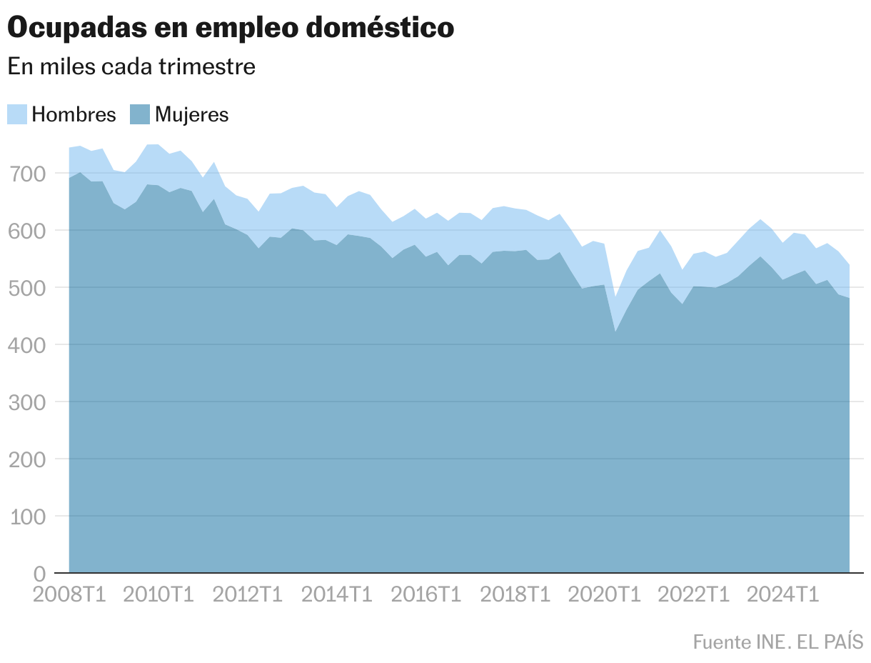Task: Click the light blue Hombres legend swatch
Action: [17, 114]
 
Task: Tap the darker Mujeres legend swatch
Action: [140, 114]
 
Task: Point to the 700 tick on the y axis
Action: [28, 174]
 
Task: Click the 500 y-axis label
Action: [28, 288]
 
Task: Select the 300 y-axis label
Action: [28, 402]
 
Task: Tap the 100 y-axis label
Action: [28, 517]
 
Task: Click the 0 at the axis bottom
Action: [40, 574]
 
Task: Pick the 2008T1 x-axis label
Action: [69, 594]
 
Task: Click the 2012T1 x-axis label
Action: [247, 594]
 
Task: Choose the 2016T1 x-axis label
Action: [426, 594]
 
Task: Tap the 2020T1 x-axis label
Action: [604, 594]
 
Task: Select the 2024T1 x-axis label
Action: [782, 594]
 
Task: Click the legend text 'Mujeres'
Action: [192, 114]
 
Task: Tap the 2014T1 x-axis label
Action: [336, 594]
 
